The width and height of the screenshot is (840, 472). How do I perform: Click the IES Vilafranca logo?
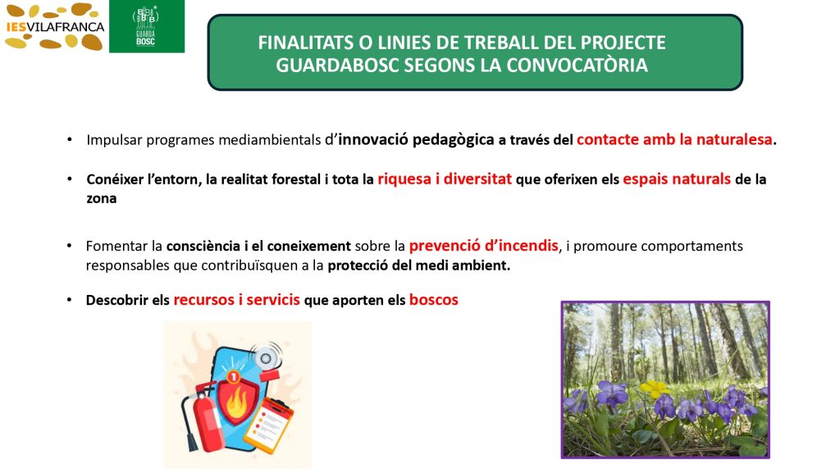54,26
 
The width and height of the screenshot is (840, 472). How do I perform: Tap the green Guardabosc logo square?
147,26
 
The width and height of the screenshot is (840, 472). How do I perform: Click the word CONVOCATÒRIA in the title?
577,66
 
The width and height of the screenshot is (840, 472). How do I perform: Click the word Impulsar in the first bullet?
114,140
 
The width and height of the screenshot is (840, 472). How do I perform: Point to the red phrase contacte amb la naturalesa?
674,139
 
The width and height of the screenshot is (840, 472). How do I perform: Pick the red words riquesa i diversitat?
445,179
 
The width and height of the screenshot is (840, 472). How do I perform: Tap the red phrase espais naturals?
677,179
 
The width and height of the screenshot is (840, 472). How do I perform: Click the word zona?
101,198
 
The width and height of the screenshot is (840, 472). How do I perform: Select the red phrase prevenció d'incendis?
483,246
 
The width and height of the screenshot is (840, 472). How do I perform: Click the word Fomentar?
116,246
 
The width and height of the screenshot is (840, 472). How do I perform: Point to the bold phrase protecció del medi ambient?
418,265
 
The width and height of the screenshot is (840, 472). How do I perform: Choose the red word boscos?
433,300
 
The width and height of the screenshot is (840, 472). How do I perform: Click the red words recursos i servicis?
236,300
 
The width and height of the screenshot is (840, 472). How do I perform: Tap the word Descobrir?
116,300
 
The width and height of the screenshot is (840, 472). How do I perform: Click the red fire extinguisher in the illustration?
203,417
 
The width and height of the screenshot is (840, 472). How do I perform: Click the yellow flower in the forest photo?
653,388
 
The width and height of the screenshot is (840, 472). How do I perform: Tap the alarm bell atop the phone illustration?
267,357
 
